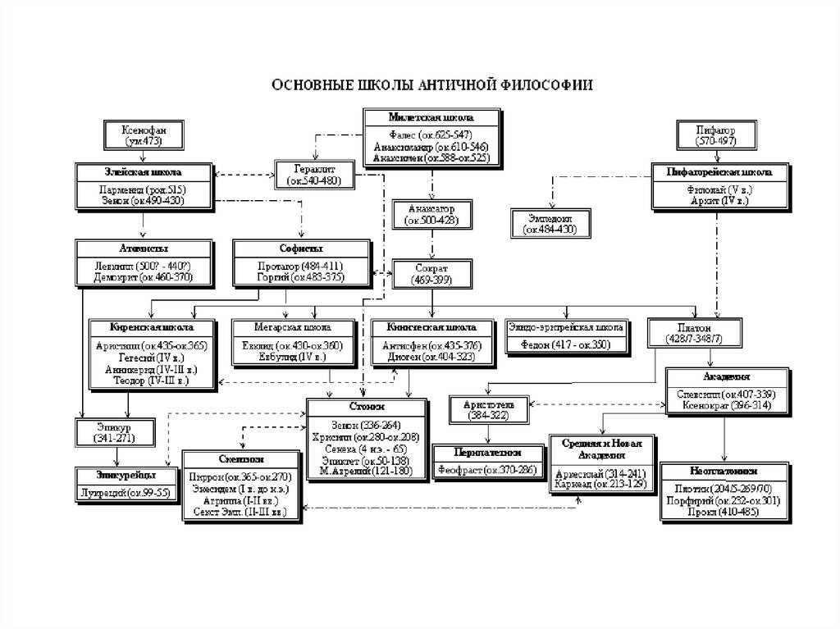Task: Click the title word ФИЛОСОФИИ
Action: click(x=548, y=85)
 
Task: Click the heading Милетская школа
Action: click(x=431, y=117)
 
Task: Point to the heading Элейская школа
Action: click(x=140, y=173)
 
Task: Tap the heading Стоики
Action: click(x=367, y=407)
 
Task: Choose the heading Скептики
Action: click(x=240, y=459)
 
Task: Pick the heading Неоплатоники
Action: click(x=724, y=472)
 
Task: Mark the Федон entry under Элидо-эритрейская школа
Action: click(x=564, y=345)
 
